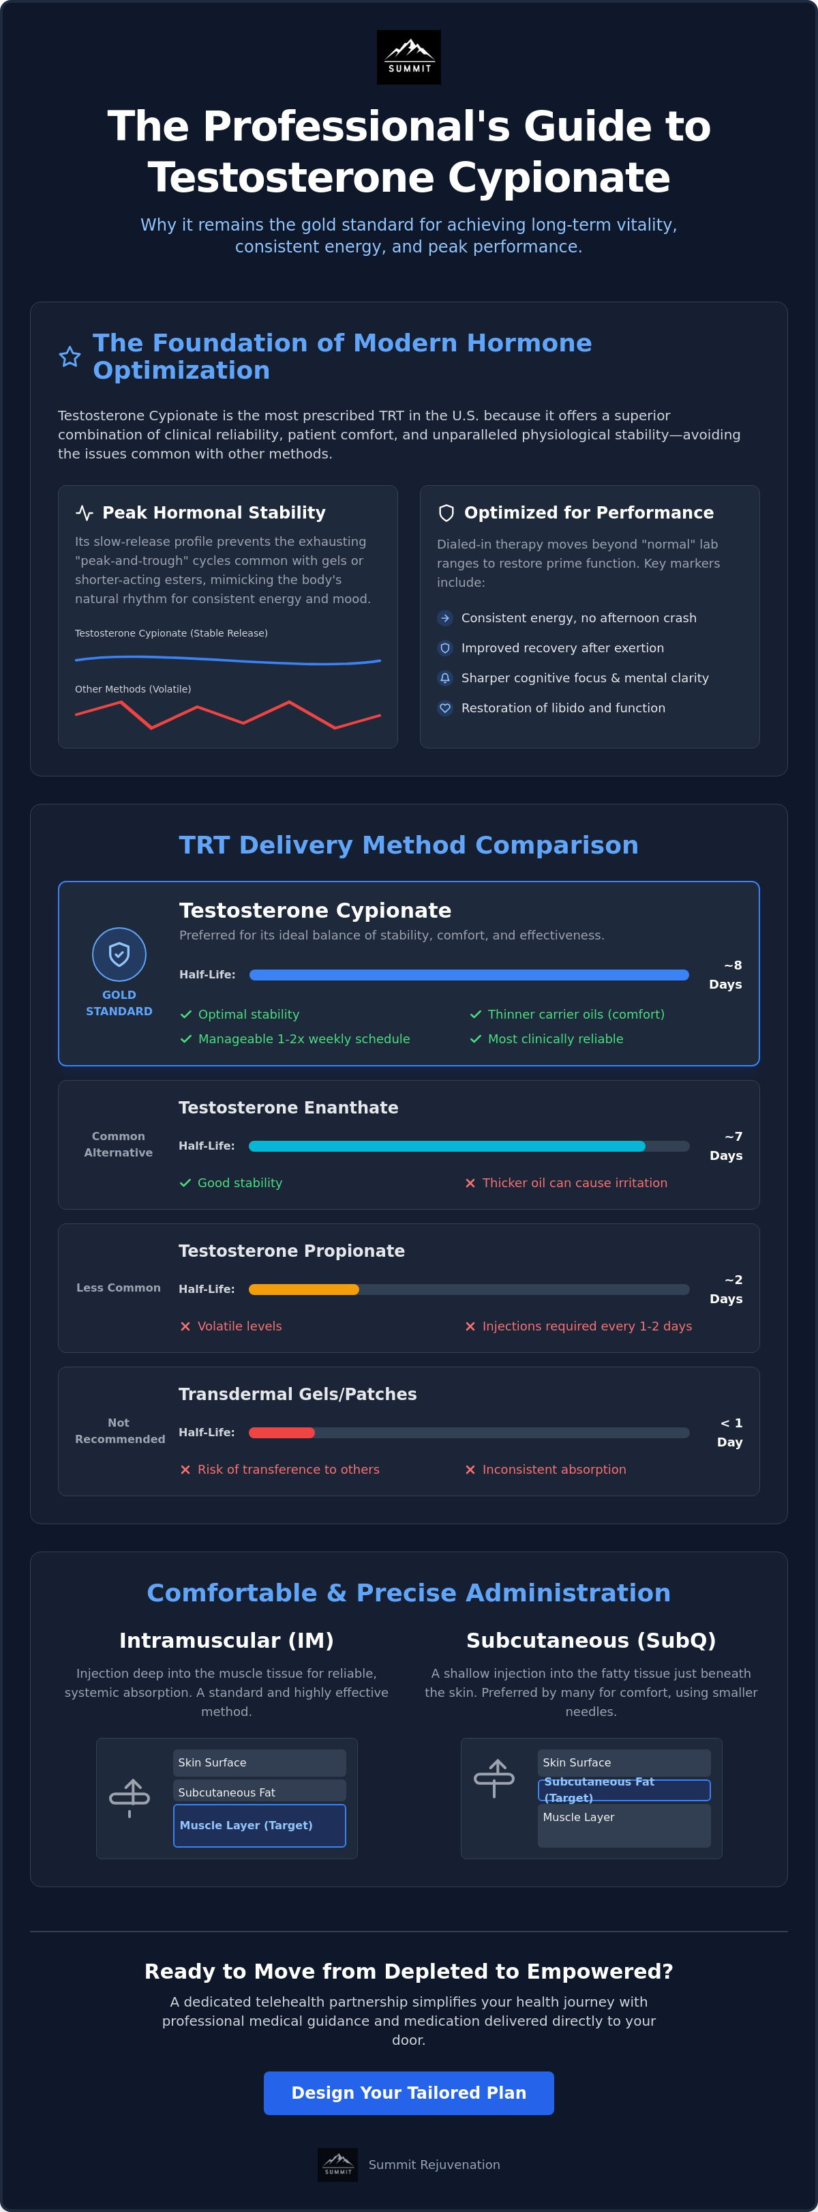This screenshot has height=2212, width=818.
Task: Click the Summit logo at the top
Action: [408, 57]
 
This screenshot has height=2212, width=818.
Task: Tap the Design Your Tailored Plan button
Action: [408, 2093]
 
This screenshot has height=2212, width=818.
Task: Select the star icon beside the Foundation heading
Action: [70, 356]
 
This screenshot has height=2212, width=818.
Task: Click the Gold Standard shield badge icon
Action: [119, 954]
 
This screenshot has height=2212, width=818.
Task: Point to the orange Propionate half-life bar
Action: [304, 1289]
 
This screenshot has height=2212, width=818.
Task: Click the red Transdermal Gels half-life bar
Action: [282, 1432]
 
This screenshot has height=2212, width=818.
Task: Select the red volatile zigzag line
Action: [228, 714]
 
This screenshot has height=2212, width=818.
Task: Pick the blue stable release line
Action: [228, 660]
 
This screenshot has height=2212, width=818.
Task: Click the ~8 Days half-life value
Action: [725, 974]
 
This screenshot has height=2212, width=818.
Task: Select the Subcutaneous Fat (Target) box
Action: [624, 1790]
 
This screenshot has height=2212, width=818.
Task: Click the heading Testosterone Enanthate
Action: [288, 1108]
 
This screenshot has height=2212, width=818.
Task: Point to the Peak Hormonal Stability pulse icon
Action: [84, 512]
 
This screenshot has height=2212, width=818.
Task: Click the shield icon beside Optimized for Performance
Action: [446, 512]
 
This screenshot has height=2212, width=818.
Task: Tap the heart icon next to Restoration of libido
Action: [444, 708]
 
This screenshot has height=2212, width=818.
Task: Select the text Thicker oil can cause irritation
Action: [574, 1182]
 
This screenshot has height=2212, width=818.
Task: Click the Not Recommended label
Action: [119, 1431]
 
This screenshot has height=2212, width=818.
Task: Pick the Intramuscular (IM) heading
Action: [226, 1640]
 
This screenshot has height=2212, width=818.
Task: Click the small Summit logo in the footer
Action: [337, 2165]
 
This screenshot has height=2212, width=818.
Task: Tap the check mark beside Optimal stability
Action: [185, 1014]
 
